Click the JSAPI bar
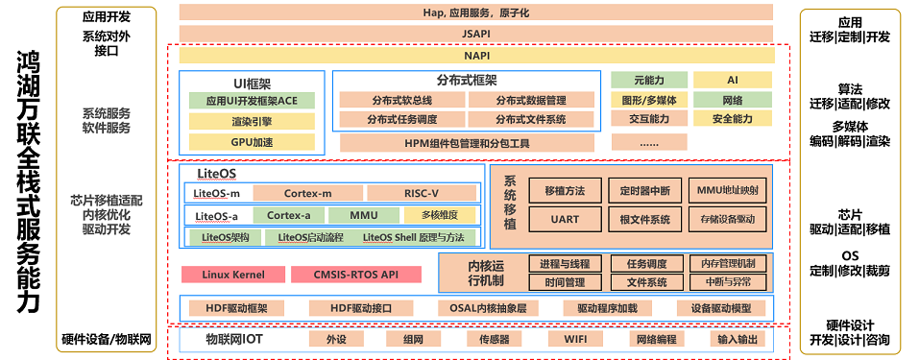tap(476, 33)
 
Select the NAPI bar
tap(476, 55)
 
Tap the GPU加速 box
tap(252, 142)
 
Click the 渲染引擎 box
tap(252, 121)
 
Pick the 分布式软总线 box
tap(400, 100)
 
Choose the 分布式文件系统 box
tap(530, 120)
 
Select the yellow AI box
tap(733, 81)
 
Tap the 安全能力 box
tap(733, 119)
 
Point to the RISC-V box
tap(422, 193)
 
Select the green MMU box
tap(362, 215)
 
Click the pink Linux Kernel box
tap(233, 275)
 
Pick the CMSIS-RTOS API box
tap(355, 275)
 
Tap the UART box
tap(565, 219)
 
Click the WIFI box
tap(575, 339)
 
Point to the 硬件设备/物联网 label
tap(107, 339)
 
